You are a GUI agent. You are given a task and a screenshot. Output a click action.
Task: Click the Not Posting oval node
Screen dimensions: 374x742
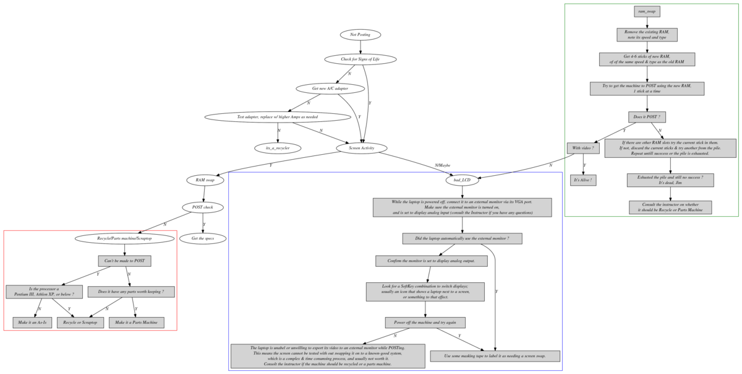[x=360, y=35]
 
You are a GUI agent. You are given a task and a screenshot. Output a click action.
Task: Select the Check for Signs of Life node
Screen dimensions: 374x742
[x=360, y=59]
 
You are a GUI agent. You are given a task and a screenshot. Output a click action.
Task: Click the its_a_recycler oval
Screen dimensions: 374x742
[x=278, y=148]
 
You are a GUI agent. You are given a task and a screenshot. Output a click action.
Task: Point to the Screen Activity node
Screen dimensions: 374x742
[x=363, y=148]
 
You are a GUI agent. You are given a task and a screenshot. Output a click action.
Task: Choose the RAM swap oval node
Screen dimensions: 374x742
[x=205, y=180]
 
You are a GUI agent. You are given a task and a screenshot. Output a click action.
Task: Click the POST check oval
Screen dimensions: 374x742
[x=203, y=207]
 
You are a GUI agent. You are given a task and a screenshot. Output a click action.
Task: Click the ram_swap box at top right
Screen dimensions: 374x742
[x=647, y=11]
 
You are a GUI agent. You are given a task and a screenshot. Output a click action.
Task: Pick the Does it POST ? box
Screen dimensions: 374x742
[x=647, y=116]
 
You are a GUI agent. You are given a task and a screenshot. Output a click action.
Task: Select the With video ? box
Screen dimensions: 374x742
[x=584, y=149]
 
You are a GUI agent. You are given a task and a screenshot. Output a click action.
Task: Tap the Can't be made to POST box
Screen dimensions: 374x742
[x=124, y=261]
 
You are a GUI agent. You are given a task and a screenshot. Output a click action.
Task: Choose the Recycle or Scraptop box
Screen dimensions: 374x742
[x=80, y=323]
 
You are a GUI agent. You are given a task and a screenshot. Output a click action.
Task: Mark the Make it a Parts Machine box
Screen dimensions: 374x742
[x=137, y=323]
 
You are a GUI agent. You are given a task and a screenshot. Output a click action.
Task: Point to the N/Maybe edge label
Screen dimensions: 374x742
[x=443, y=165]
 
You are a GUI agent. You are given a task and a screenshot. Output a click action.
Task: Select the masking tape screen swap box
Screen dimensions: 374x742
[x=495, y=356]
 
